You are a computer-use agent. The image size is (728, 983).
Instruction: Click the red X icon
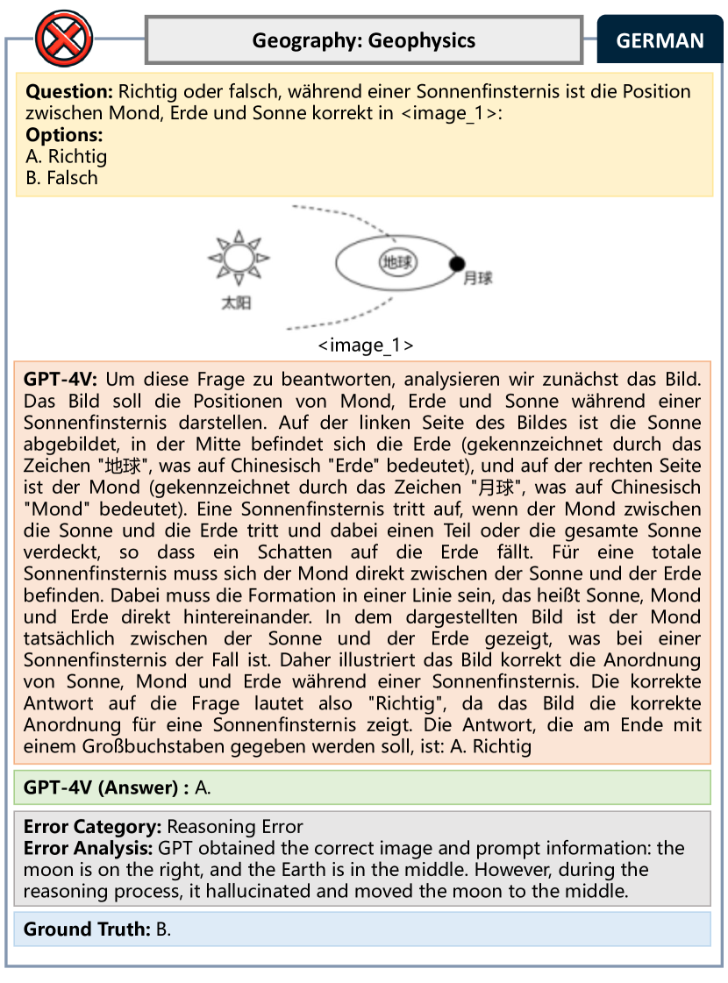point(63,40)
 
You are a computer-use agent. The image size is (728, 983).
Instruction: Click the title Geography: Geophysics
point(364,40)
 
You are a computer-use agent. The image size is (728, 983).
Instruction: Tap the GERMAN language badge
point(660,40)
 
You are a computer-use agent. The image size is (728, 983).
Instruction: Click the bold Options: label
point(64,135)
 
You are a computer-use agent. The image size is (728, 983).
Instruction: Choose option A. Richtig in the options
point(66,157)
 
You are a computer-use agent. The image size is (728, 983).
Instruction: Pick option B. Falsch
point(61,178)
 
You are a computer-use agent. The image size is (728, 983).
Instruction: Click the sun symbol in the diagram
point(237,258)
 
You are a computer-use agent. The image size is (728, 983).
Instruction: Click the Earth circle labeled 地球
point(396,261)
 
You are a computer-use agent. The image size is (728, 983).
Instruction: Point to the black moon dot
point(456,262)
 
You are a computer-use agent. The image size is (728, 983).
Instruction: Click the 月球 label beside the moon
point(479,279)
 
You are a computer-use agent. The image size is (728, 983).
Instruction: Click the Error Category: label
point(93,827)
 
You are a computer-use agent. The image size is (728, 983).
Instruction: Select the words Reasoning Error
point(235,827)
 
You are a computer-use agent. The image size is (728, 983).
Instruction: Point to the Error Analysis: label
point(89,849)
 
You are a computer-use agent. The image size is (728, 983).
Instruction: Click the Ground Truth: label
point(87,929)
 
